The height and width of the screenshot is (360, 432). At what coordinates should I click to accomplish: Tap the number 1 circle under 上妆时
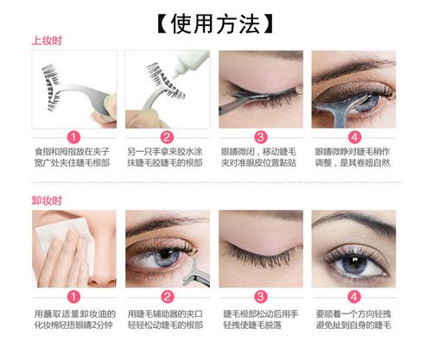coord(74,136)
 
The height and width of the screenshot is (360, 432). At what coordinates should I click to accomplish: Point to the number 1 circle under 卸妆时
coord(74,296)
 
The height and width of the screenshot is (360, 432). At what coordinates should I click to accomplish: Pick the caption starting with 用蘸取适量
coord(74,319)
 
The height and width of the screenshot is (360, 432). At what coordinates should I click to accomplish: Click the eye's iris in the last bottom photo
coord(353,263)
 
